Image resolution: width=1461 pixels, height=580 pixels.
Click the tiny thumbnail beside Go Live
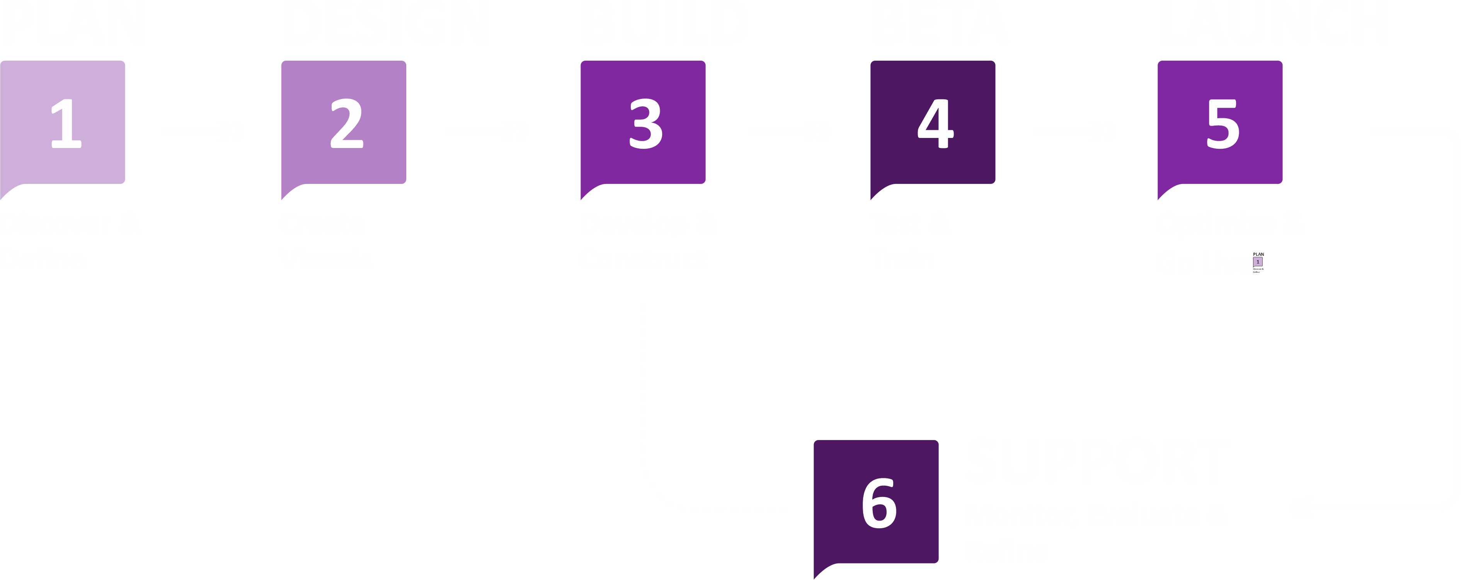tap(1258, 262)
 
